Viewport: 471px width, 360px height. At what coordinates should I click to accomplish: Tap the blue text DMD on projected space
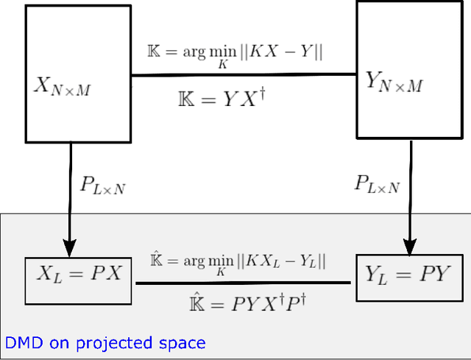pos(105,343)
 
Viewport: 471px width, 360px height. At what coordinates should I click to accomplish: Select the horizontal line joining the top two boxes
pos(244,75)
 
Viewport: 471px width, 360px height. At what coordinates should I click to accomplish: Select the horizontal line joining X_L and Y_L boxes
pos(244,283)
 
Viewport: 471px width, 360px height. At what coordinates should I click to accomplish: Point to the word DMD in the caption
pos(19,343)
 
